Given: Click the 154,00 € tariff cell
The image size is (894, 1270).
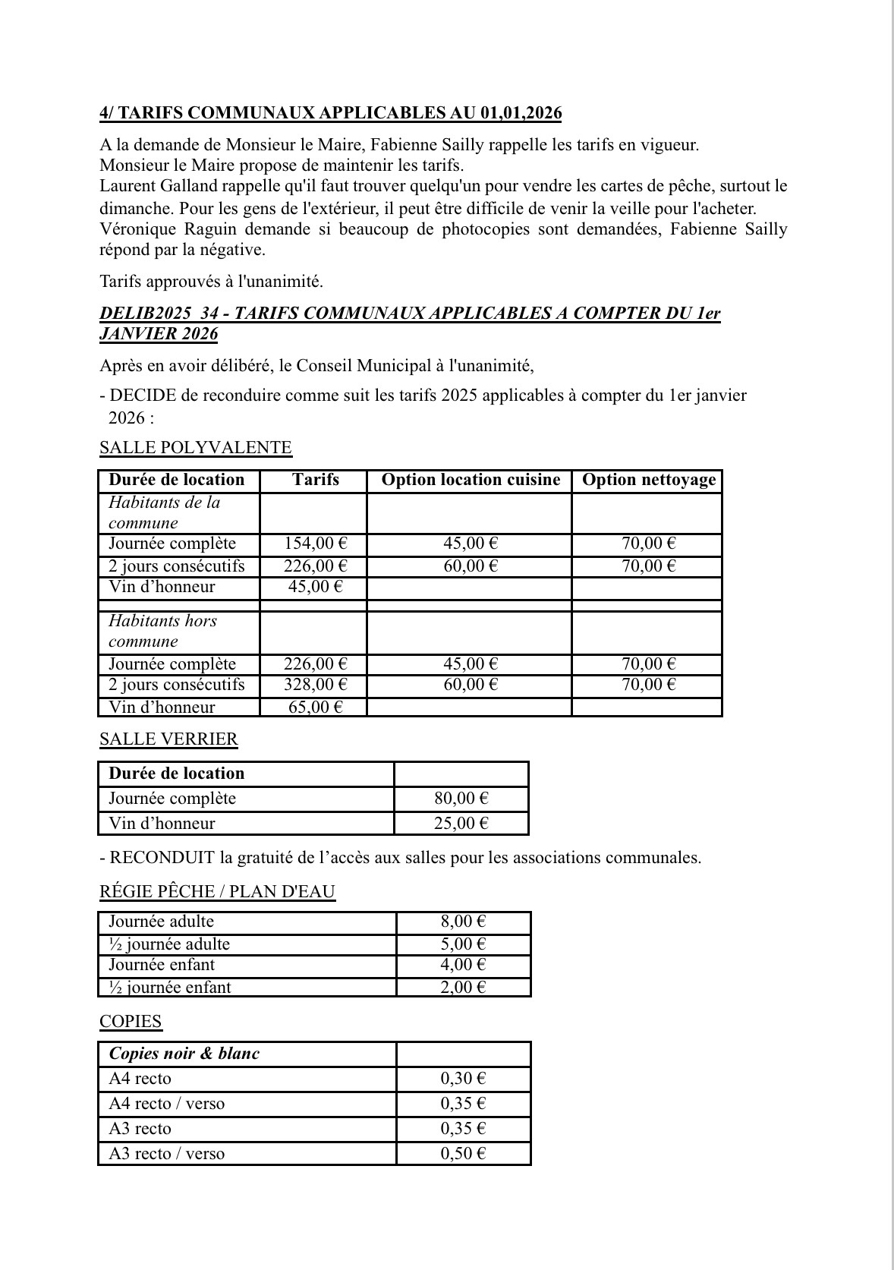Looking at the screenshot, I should (x=315, y=544).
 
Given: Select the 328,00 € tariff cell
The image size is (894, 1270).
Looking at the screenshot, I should (x=315, y=685).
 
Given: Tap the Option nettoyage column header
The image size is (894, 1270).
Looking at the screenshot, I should (x=649, y=480).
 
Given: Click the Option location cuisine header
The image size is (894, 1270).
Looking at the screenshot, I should (x=471, y=480).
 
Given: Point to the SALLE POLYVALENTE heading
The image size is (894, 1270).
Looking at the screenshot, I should (x=195, y=448).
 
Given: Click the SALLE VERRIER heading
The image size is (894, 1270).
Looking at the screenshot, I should (x=168, y=739).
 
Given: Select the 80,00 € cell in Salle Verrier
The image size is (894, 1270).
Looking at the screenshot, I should (x=461, y=799).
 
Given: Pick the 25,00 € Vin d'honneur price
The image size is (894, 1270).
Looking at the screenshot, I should (x=461, y=824).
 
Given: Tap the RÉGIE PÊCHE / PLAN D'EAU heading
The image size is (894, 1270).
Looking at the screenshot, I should (x=217, y=892).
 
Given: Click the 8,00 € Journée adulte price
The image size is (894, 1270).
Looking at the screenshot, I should (x=463, y=922).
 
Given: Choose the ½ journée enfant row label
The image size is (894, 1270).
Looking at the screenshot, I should (x=170, y=988).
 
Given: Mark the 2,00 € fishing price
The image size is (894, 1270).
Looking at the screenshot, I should (x=463, y=988).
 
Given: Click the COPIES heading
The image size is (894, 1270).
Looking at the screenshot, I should (x=131, y=1022).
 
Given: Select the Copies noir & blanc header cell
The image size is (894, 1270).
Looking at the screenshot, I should (x=184, y=1054).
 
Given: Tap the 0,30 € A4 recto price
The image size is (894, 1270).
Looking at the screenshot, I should (x=463, y=1079).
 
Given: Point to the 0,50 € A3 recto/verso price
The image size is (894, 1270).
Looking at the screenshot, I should (x=463, y=1154).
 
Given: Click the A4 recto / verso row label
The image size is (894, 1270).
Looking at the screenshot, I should (x=167, y=1104).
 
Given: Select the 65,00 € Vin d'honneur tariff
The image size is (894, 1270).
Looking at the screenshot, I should (x=315, y=707).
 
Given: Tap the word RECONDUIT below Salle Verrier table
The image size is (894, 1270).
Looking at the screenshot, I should (x=162, y=859).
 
